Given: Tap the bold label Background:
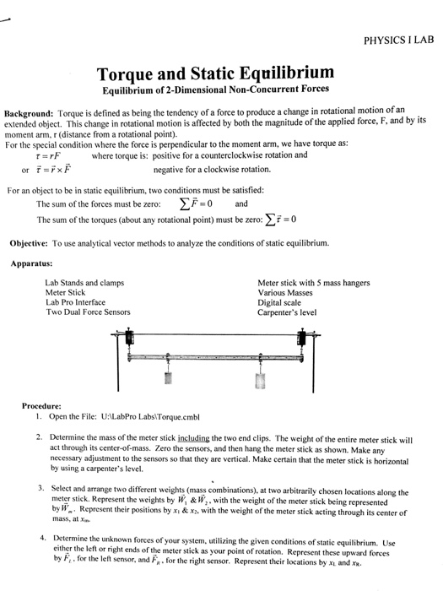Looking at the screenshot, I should [x=30, y=112].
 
